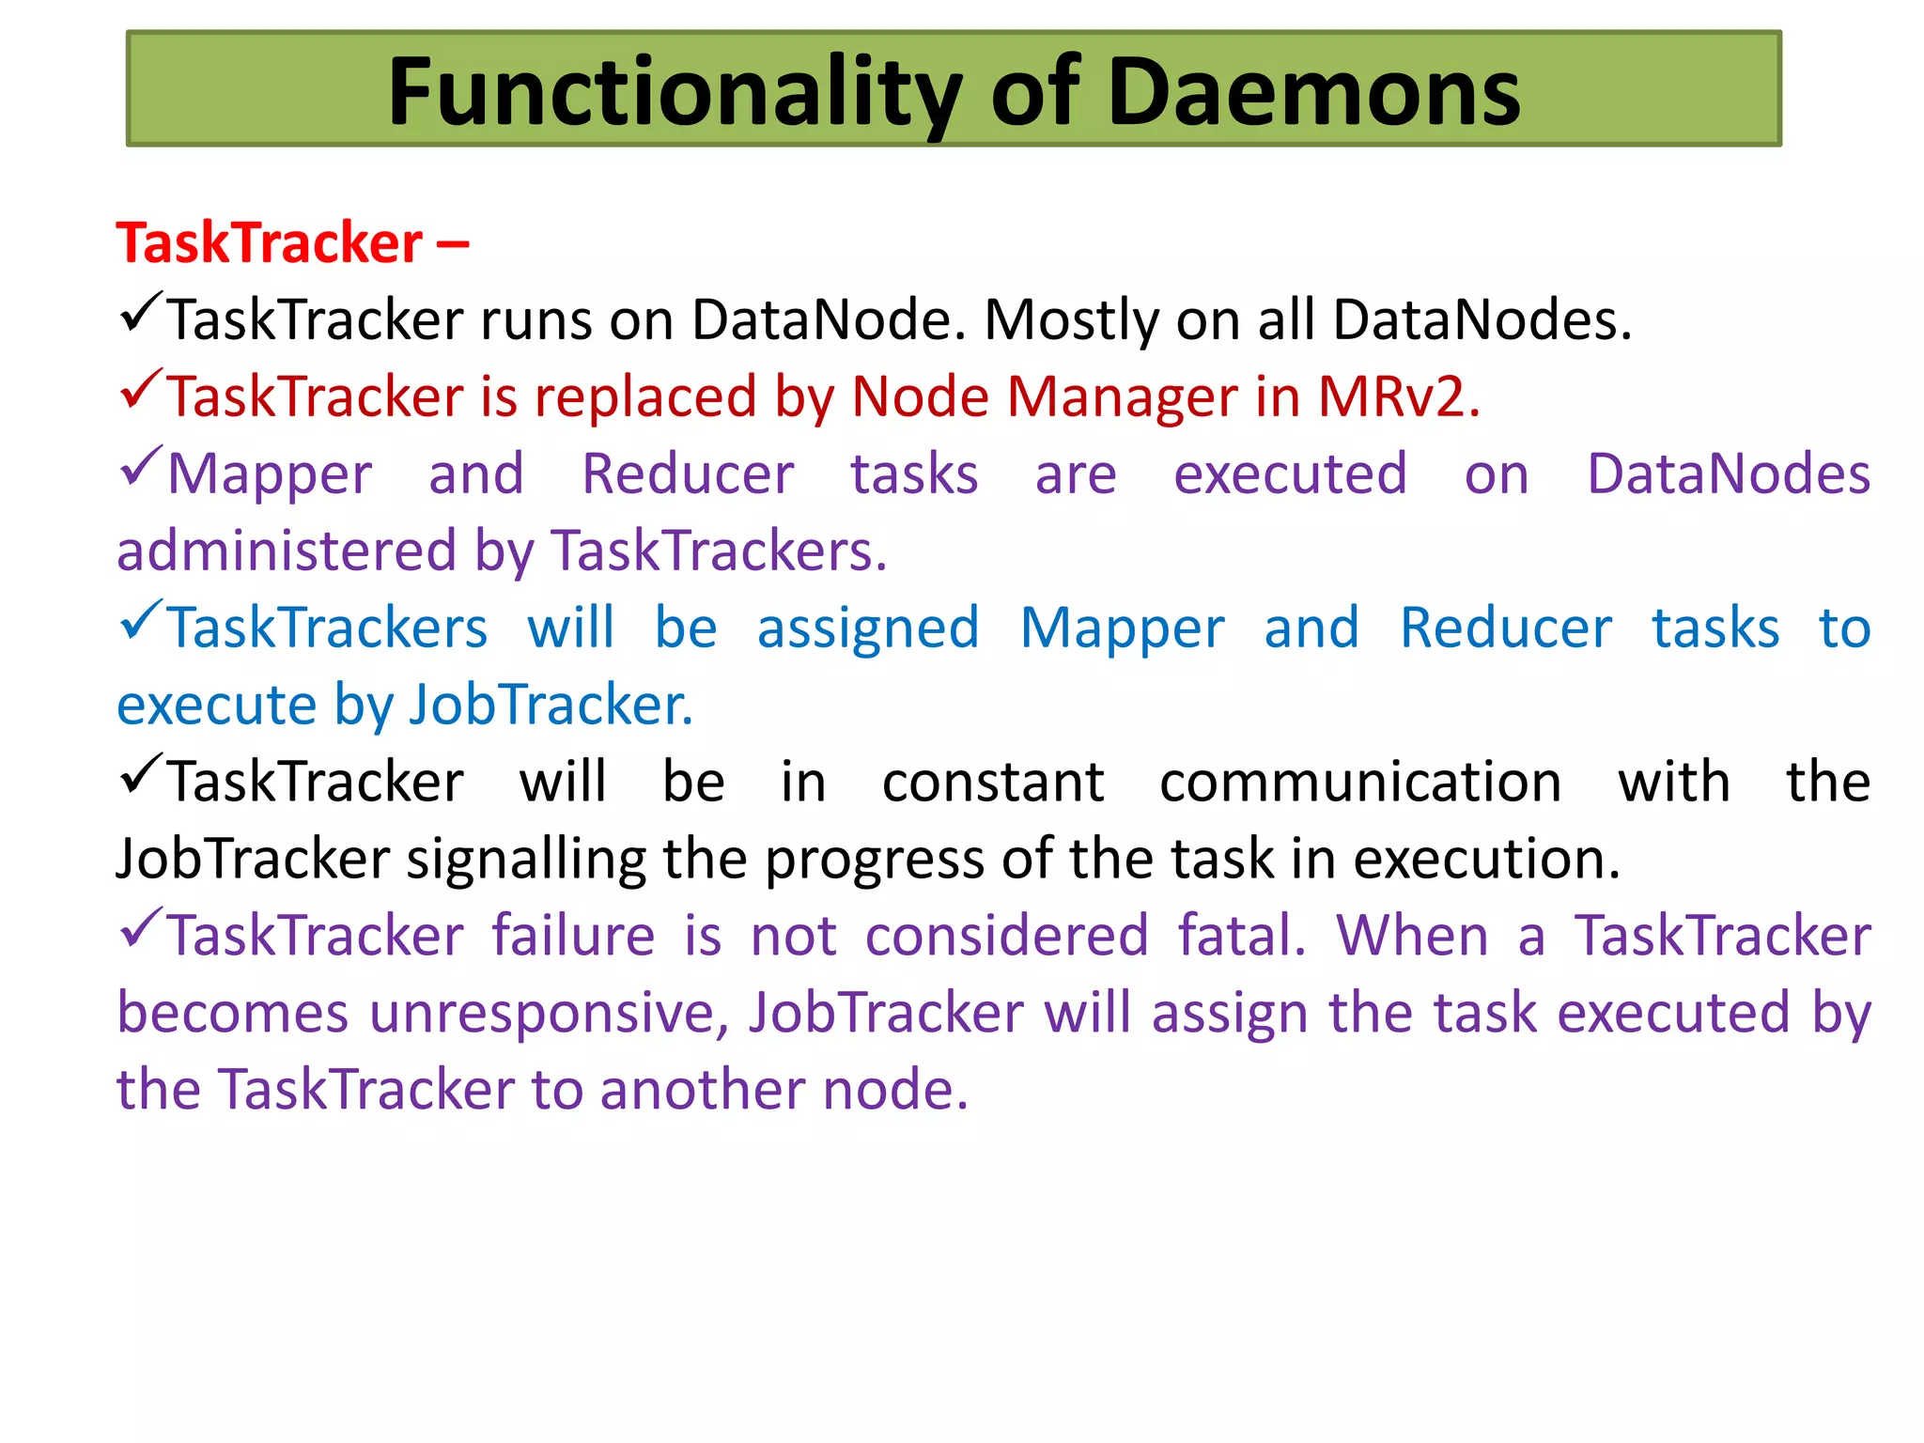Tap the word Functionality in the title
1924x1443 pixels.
point(675,91)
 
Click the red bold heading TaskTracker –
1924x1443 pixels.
point(292,242)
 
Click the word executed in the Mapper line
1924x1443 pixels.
point(1290,473)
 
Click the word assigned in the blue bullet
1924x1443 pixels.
point(868,628)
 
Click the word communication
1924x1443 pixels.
point(1359,782)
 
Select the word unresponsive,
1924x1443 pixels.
point(550,1013)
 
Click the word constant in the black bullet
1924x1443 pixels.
point(992,782)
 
